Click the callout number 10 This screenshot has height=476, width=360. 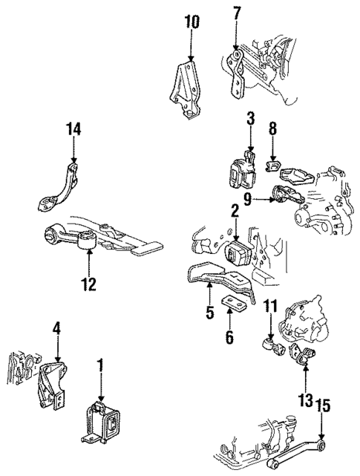pyautogui.click(x=192, y=22)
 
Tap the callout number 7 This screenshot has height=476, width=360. pyautogui.click(x=237, y=13)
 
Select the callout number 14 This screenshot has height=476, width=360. pyautogui.click(x=251, y=118)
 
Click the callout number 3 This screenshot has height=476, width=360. pyautogui.click(x=251, y=119)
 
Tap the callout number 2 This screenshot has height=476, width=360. pyautogui.click(x=234, y=212)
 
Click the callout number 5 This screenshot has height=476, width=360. pyautogui.click(x=209, y=313)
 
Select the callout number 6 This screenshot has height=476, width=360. pyautogui.click(x=229, y=337)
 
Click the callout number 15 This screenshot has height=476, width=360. pyautogui.click(x=321, y=406)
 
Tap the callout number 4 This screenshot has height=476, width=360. pyautogui.click(x=56, y=327)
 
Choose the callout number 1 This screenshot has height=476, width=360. pyautogui.click(x=99, y=365)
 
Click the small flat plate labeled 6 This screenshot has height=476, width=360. pyautogui.click(x=229, y=310)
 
